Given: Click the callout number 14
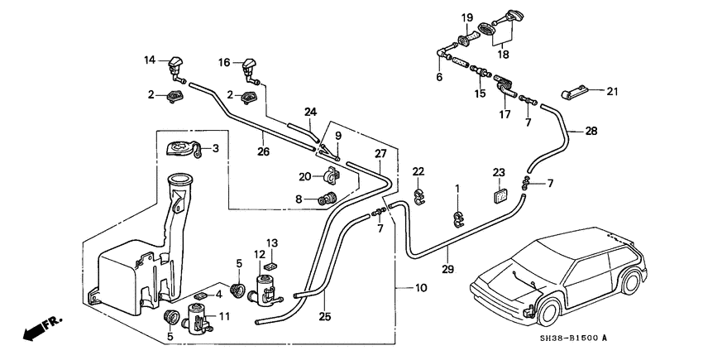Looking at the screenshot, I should click(x=150, y=60).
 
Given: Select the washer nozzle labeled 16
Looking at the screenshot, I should click(x=250, y=65).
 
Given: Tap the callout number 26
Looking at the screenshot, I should click(x=263, y=151).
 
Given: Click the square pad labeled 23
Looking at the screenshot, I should click(x=499, y=196).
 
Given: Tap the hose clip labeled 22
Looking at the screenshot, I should click(x=418, y=196).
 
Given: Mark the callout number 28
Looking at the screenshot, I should click(x=591, y=131).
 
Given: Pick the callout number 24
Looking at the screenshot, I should click(x=310, y=112).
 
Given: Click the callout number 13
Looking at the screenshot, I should click(x=273, y=242).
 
